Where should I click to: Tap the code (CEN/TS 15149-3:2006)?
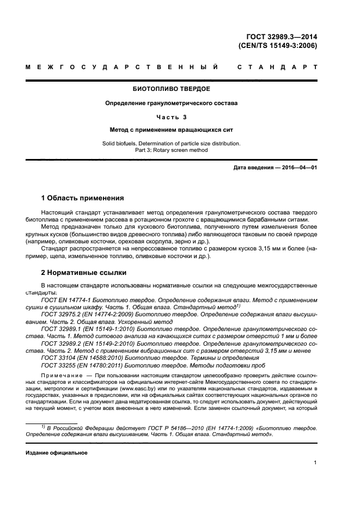[278, 46]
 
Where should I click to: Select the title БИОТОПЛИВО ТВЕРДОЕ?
[171, 88]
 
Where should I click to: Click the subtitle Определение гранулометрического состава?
[171, 102]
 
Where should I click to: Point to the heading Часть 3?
[171, 116]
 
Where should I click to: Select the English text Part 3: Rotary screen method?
[171, 150]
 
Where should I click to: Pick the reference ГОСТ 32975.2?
[62, 314]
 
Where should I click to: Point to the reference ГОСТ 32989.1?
[62, 329]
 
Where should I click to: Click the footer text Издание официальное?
[53, 453]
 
